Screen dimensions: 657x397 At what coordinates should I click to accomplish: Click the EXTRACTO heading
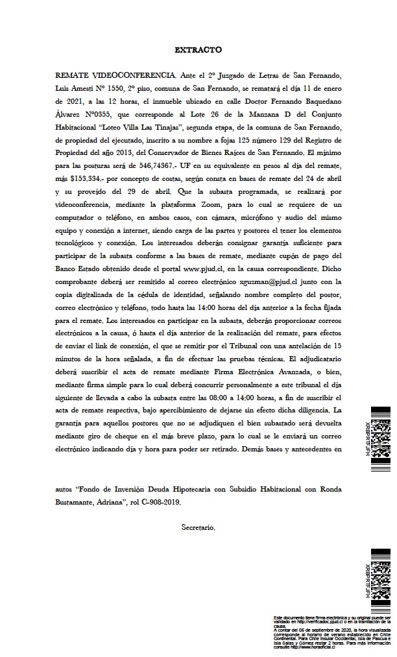click(198, 49)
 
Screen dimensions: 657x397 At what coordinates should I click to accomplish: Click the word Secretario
click(198, 528)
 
